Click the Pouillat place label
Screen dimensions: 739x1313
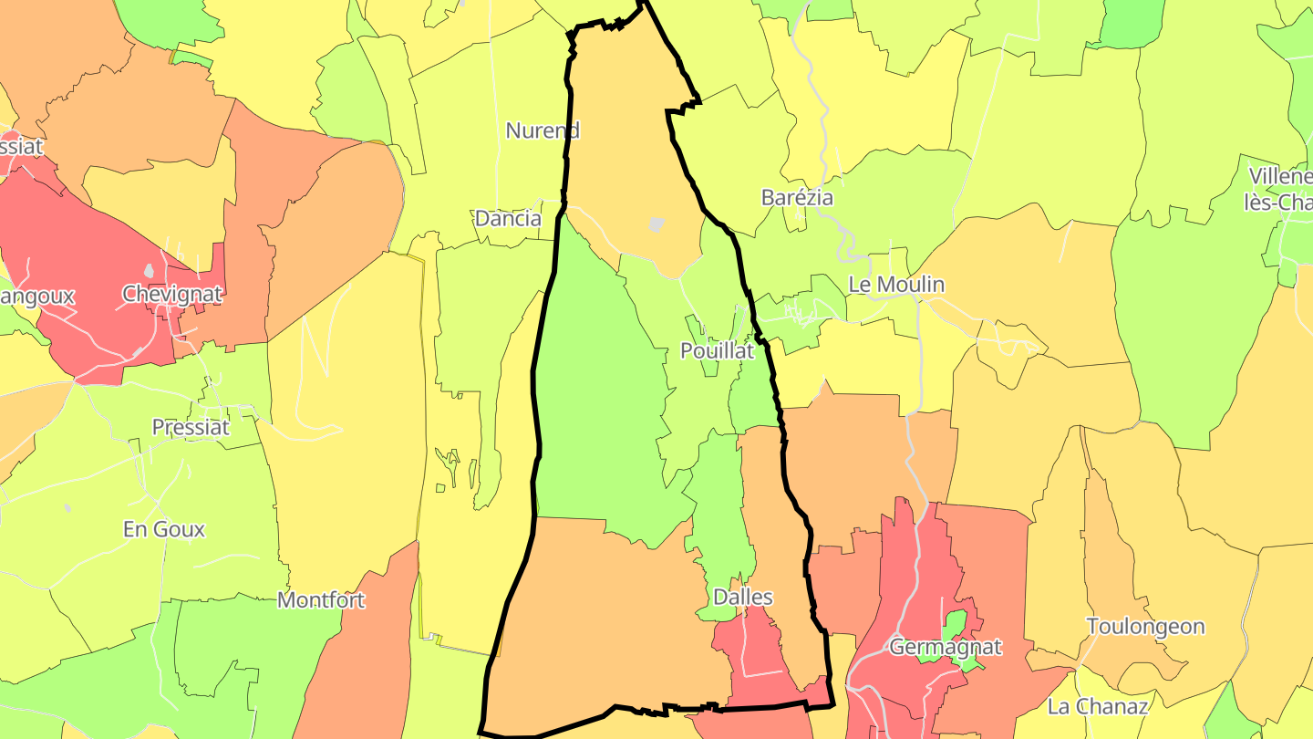pos(717,350)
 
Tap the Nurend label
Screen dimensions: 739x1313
pos(543,130)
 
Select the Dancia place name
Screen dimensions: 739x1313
pos(508,219)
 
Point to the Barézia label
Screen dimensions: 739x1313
pos(797,197)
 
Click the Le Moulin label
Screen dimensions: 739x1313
pos(896,285)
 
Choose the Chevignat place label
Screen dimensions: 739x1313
pos(172,294)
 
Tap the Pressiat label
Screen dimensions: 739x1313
pos(191,427)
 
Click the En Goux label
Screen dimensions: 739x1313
pos(164,529)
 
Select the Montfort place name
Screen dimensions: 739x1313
pos(321,600)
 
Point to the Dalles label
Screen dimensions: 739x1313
pos(743,598)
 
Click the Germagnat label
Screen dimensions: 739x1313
pos(946,648)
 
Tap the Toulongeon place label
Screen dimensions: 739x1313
pos(1145,627)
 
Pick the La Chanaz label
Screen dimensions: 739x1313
pos(1097,706)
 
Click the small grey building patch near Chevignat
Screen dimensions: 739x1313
pos(149,271)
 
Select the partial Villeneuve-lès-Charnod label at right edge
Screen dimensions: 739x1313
pos(1279,189)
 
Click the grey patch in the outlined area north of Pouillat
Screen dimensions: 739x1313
pos(656,224)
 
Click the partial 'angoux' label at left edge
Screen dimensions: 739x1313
pos(36,297)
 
